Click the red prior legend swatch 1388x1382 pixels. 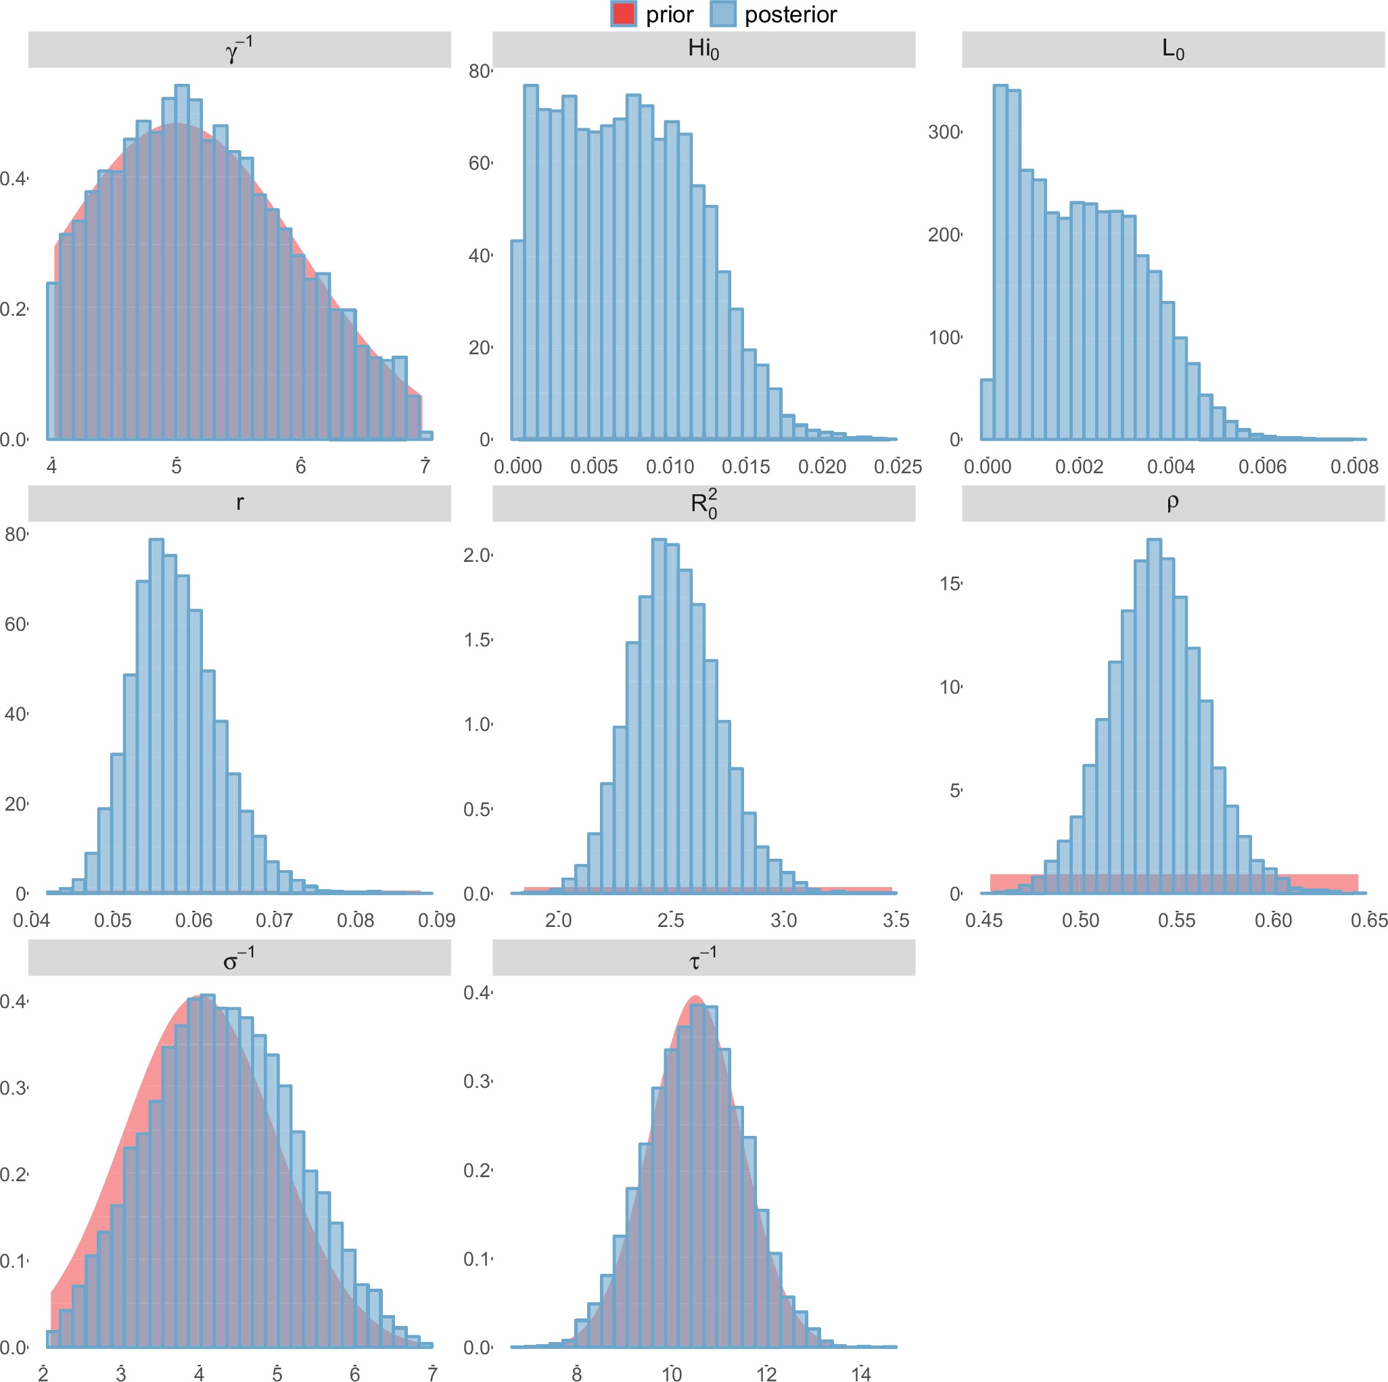pos(623,14)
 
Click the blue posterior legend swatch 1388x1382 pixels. pos(722,14)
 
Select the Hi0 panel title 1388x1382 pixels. pos(703,49)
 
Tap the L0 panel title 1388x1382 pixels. pos(1172,49)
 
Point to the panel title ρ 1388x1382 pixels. pos(1172,502)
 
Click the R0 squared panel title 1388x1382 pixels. pos(703,503)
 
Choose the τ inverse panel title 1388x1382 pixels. pos(703,957)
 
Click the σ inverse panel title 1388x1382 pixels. pos(239,957)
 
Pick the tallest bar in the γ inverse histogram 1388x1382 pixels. pos(182,262)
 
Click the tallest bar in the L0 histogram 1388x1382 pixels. pos(1000,262)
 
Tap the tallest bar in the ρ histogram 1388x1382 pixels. pos(1154,715)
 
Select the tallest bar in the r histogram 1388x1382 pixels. pos(156,715)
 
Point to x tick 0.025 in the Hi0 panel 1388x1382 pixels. pos(898,467)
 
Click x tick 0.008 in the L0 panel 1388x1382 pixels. pos(1354,467)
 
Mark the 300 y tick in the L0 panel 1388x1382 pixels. pos(944,132)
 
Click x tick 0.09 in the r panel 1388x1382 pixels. pos(436,920)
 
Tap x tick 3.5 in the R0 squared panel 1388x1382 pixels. pos(896,920)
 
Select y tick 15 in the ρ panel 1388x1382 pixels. pos(950,584)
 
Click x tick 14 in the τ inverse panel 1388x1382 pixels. pos(860,1374)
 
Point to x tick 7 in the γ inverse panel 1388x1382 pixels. pos(425,467)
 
